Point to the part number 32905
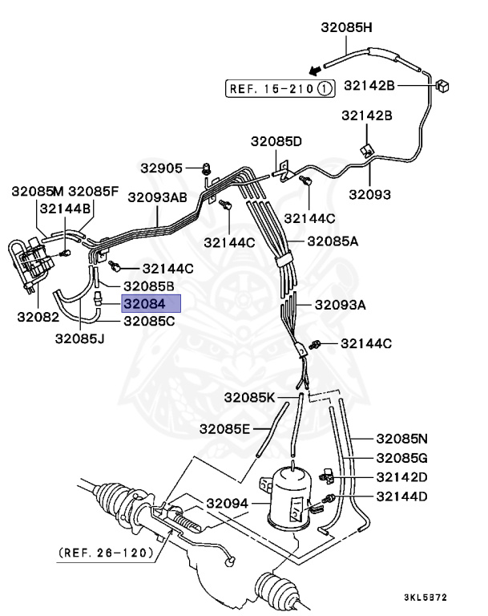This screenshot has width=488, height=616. point(163,168)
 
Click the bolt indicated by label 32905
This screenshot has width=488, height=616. point(207,168)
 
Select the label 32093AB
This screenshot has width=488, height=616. point(157,196)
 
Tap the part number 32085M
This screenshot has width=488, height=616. point(37,191)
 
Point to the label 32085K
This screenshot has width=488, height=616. point(249,398)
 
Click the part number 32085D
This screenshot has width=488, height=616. point(276,142)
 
